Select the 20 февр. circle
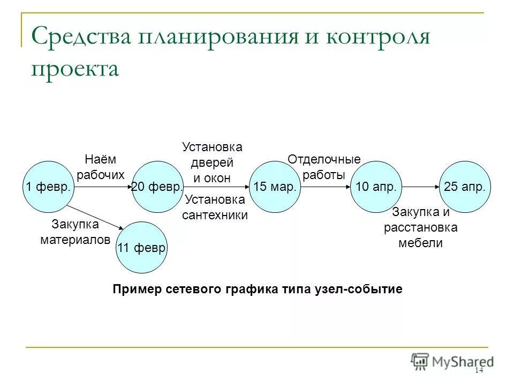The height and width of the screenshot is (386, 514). pyautogui.click(x=158, y=187)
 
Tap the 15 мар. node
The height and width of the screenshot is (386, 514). pyautogui.click(x=275, y=187)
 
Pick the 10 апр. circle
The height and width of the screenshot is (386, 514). pyautogui.click(x=376, y=187)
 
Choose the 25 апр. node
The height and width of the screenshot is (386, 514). pyautogui.click(x=465, y=187)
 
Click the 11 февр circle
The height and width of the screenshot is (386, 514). pyautogui.click(x=142, y=247)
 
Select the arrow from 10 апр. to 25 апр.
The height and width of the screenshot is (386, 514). pyautogui.click(x=420, y=187)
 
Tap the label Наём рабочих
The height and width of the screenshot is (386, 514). pyautogui.click(x=100, y=167)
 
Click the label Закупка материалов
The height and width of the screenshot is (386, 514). pyautogui.click(x=75, y=232)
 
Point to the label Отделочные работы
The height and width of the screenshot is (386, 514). pyautogui.click(x=324, y=167)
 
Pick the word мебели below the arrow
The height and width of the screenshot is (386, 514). pyautogui.click(x=420, y=243)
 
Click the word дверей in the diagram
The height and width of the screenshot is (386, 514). pyautogui.click(x=213, y=162)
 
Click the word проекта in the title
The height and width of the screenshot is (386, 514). pyautogui.click(x=74, y=69)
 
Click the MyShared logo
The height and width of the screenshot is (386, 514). pyautogui.click(x=452, y=361)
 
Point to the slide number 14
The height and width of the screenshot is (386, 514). pyautogui.click(x=478, y=371)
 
